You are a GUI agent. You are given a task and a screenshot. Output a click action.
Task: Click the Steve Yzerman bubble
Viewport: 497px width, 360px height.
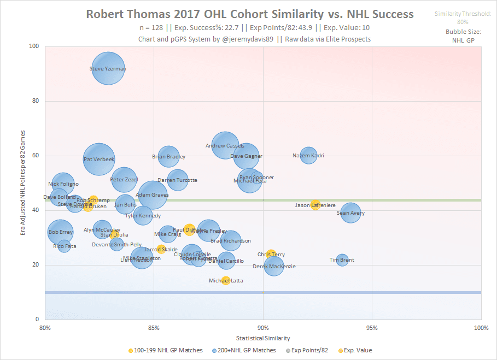[108, 68]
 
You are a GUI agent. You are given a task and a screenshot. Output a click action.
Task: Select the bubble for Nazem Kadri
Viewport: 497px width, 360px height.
[308, 156]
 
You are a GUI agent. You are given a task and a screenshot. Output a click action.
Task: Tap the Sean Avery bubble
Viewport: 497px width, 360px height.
[350, 213]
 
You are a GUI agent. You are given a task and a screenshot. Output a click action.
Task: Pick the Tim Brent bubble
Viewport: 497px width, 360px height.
[342, 260]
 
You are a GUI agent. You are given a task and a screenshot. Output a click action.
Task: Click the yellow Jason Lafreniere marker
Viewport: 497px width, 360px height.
[315, 205]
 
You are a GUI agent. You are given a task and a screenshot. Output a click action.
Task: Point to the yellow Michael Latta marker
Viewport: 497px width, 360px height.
[226, 280]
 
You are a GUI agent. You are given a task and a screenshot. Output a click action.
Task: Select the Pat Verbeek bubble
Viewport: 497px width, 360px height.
[99, 159]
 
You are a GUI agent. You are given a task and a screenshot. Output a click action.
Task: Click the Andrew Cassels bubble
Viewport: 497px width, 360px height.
[225, 146]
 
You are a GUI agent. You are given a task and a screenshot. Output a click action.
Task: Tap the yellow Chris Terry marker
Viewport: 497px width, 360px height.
[271, 255]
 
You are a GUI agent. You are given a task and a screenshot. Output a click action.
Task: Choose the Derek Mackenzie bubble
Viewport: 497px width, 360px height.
[273, 266]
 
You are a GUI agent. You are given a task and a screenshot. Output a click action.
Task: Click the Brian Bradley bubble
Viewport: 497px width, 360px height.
[168, 156]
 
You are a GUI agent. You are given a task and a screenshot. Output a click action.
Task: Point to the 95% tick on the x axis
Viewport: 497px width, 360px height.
[372, 328]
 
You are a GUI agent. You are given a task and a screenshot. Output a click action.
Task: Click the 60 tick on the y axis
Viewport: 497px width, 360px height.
[36, 156]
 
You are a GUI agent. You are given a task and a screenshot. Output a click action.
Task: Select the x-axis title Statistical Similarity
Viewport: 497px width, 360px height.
[262, 339]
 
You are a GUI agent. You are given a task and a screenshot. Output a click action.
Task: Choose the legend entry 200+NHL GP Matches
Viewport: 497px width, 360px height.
[246, 350]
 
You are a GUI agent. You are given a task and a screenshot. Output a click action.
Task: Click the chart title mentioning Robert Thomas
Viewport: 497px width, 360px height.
[249, 14]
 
